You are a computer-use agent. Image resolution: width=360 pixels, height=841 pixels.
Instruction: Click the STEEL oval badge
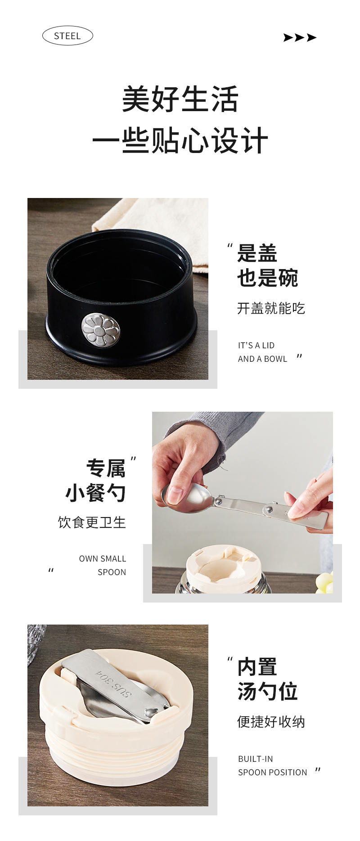pyautogui.click(x=67, y=36)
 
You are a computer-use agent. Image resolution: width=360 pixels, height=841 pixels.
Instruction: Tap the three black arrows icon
pyautogui.click(x=300, y=37)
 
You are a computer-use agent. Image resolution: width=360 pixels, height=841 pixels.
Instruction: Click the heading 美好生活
pyautogui.click(x=180, y=99)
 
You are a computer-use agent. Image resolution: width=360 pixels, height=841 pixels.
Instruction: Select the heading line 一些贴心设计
pyautogui.click(x=180, y=141)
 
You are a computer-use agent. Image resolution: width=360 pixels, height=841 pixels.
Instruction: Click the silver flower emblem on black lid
pyautogui.click(x=101, y=330)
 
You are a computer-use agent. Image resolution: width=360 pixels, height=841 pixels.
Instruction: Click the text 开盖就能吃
pyautogui.click(x=271, y=308)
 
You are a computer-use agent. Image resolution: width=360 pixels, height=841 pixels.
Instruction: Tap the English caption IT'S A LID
pyautogui.click(x=256, y=346)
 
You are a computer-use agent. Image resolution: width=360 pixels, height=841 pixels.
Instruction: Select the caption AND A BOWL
pyautogui.click(x=262, y=359)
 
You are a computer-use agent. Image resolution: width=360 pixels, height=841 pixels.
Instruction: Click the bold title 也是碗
pyautogui.click(x=267, y=278)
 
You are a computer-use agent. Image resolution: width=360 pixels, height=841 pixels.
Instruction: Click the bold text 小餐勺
pyautogui.click(x=95, y=493)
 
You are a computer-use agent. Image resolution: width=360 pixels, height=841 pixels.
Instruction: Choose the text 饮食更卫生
pyautogui.click(x=92, y=522)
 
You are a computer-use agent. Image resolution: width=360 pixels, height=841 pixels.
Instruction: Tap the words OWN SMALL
pyautogui.click(x=103, y=559)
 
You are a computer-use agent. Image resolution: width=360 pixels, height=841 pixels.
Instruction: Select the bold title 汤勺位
pyautogui.click(x=267, y=691)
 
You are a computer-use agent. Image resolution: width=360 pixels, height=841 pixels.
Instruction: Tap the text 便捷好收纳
pyautogui.click(x=271, y=722)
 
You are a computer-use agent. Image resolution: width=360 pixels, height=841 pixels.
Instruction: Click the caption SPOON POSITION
pyautogui.click(x=272, y=773)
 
